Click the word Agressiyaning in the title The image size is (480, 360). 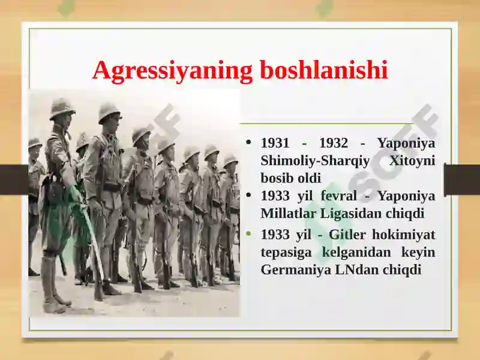pyautogui.click(x=172, y=71)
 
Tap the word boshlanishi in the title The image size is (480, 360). pyautogui.click(x=324, y=70)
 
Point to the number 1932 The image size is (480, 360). pyautogui.click(x=334, y=143)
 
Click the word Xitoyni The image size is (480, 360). pyautogui.click(x=412, y=160)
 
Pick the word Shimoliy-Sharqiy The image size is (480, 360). pyautogui.click(x=316, y=161)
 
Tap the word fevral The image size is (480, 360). pyautogui.click(x=339, y=196)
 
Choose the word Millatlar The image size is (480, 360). pyautogui.click(x=288, y=214)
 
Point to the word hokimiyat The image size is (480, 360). pyautogui.click(x=404, y=235)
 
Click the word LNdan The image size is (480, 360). pyautogui.click(x=355, y=269)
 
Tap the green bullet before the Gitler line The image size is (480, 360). pyautogui.click(x=248, y=234)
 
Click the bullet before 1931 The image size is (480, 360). pyautogui.click(x=248, y=142)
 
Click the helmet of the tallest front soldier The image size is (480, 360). pyautogui.click(x=62, y=109)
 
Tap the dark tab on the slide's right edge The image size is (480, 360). pyautogui.click(x=462, y=179)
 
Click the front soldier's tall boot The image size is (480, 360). pyautogui.click(x=50, y=283)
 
